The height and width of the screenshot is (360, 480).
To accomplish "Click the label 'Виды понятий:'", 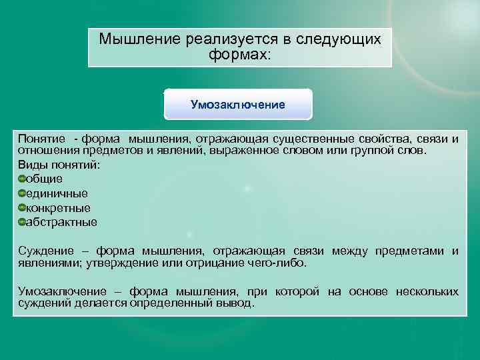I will click(x=59, y=165).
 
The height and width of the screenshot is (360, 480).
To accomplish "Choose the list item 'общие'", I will click(x=44, y=179).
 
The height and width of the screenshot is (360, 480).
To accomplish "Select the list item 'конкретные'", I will click(x=58, y=208).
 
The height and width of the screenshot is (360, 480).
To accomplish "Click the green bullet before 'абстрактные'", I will click(x=21, y=222).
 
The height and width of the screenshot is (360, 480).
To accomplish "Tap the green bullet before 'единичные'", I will click(x=21, y=193).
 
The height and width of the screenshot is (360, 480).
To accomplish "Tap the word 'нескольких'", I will click(x=427, y=292).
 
